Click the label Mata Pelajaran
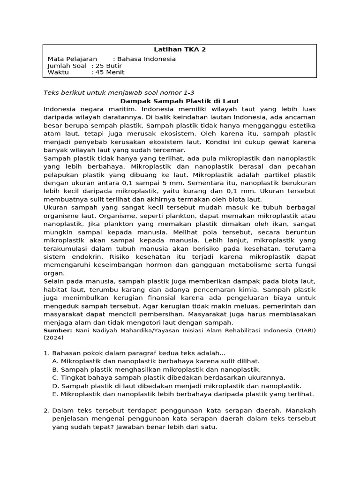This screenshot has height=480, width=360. [72, 59]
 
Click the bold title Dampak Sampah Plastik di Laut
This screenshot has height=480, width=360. [180, 101]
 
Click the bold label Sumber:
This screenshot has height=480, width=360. [58, 330]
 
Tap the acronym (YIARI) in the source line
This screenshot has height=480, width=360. [305, 330]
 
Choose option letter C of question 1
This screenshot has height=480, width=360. [55, 377]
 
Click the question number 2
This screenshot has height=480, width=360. [46, 411]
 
